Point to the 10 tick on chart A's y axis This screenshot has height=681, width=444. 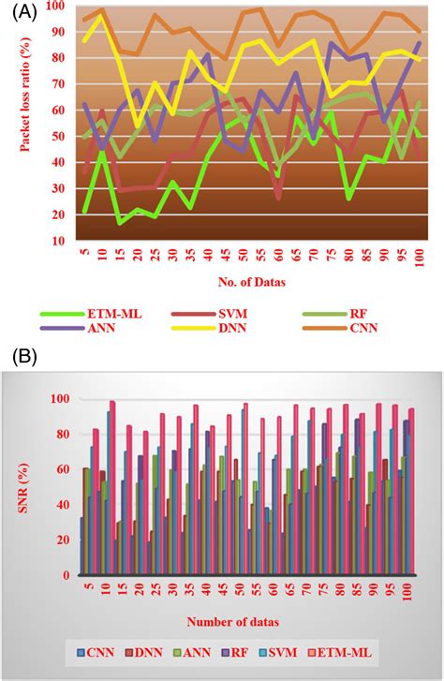coord(58,241)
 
